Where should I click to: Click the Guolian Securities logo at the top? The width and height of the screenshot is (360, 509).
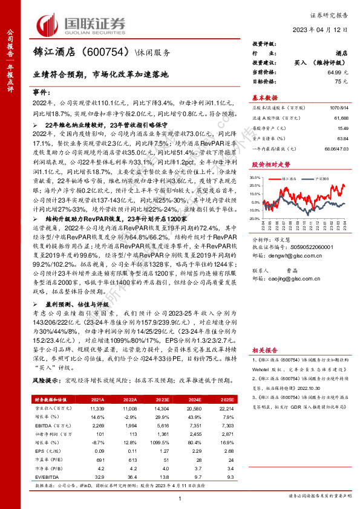click(x=82, y=24)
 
